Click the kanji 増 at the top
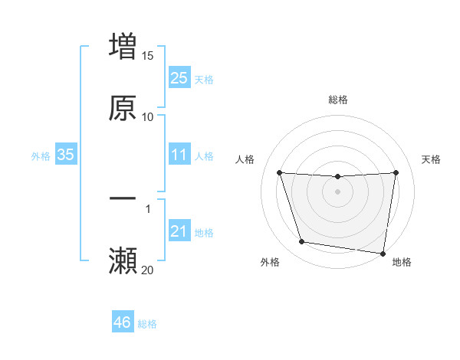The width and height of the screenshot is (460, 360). click(x=123, y=46)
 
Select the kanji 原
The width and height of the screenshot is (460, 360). click(x=123, y=108)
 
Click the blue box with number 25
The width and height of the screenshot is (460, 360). click(x=179, y=77)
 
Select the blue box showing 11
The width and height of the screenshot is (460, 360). click(x=179, y=155)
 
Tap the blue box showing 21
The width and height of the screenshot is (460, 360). click(x=179, y=231)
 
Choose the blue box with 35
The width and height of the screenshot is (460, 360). click(x=65, y=155)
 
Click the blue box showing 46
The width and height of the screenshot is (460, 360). click(x=123, y=322)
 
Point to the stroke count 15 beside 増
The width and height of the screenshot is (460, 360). click(x=148, y=56)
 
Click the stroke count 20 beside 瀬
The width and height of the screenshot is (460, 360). click(x=148, y=270)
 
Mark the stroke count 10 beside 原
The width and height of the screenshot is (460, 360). click(x=148, y=116)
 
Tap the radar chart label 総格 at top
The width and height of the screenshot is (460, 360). click(x=338, y=100)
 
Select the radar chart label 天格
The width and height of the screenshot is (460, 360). click(x=432, y=159)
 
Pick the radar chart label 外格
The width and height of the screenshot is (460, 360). click(x=270, y=262)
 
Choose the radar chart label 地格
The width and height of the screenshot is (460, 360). click(x=402, y=262)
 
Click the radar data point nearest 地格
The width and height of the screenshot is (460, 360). click(x=383, y=253)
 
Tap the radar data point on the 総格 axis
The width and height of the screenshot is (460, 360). click(x=338, y=177)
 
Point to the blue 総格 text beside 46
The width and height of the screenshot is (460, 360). click(x=147, y=324)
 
